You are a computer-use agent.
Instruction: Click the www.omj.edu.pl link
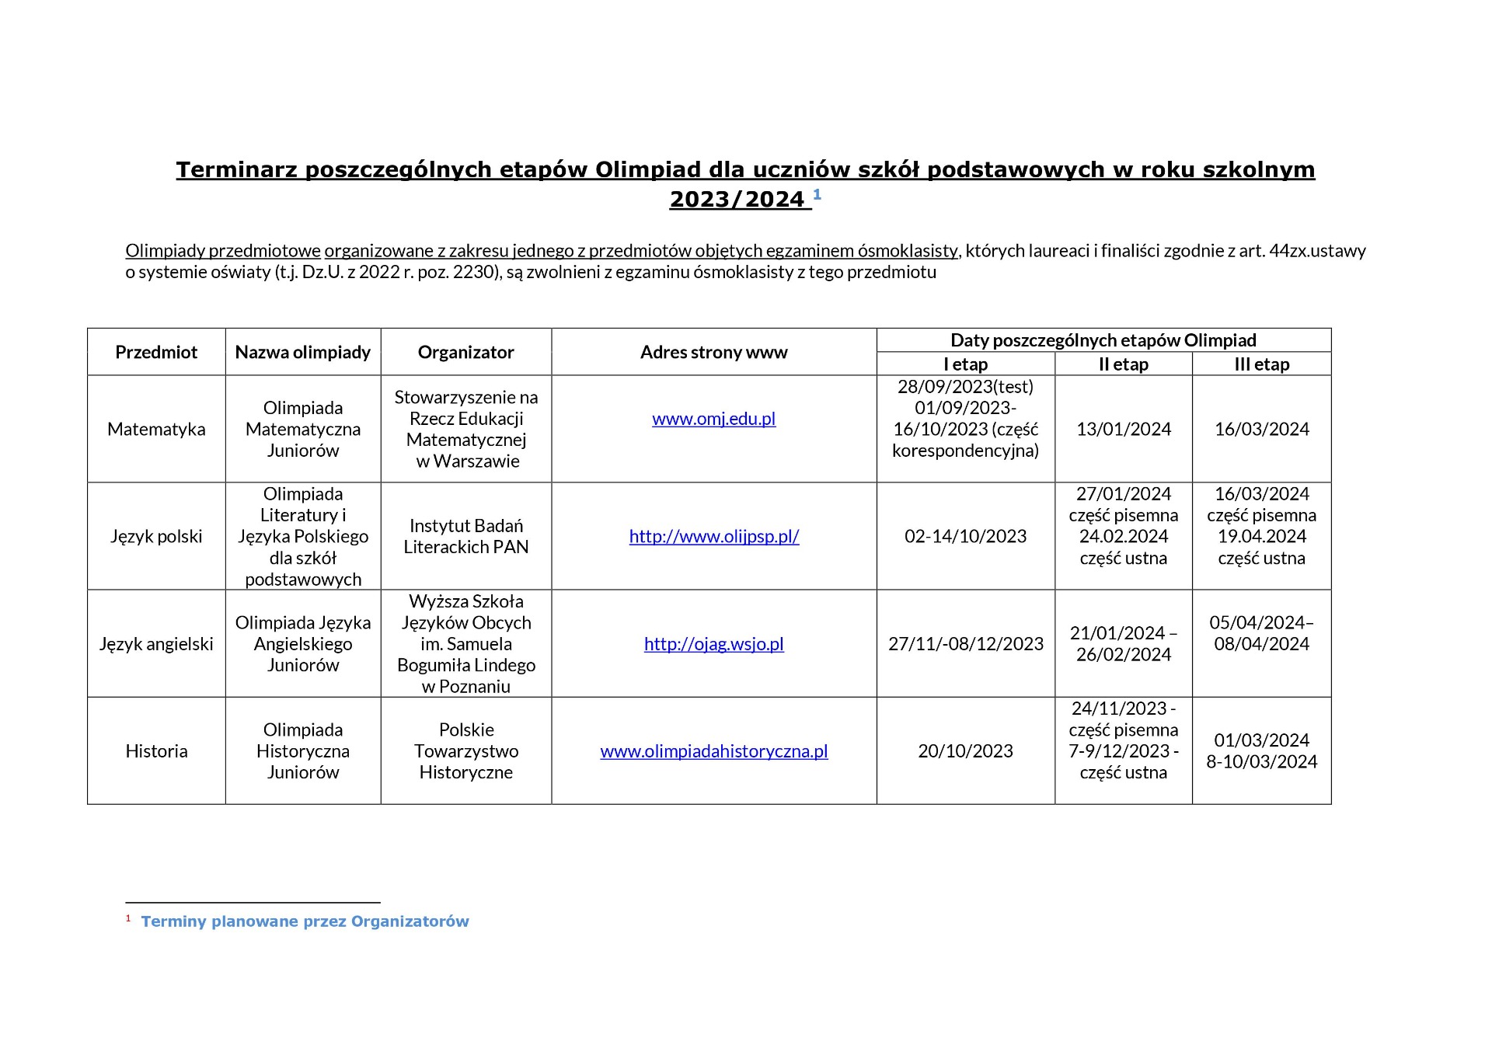713,419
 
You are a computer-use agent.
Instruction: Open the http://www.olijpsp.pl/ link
713,536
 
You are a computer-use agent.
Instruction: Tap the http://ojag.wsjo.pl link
713,644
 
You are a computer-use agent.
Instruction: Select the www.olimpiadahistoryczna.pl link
713,751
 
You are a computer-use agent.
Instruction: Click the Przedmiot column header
156,352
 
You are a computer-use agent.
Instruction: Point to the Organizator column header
465,352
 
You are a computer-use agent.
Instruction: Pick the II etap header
1123,364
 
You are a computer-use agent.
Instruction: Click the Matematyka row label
156,429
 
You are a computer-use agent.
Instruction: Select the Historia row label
156,751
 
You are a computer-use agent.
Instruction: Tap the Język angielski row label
156,644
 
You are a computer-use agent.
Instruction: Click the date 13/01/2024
1123,429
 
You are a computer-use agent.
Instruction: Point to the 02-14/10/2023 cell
965,536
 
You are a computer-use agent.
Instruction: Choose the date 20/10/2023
965,751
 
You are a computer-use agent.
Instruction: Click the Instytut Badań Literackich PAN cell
465,536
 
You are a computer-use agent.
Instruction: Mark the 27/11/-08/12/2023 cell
965,644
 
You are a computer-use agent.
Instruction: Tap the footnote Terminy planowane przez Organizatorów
305,921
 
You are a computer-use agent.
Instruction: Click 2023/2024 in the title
737,200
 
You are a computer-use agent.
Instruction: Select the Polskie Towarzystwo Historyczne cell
465,751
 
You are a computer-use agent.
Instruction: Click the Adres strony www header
713,352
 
